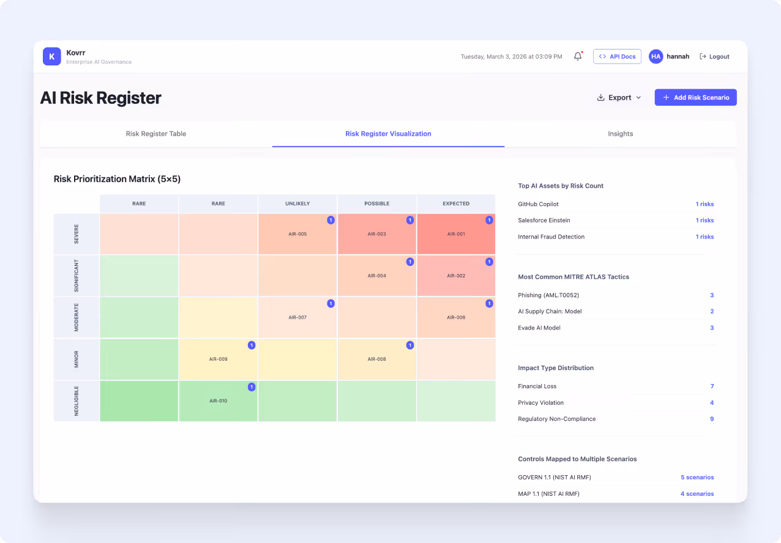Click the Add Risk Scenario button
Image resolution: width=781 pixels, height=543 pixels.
(695, 98)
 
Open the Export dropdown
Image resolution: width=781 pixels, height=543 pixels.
(619, 98)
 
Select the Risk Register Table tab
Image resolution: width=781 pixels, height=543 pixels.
(156, 134)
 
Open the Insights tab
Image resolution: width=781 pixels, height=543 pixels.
(620, 134)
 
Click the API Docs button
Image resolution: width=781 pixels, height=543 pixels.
(617, 56)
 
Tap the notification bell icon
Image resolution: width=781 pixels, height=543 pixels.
(578, 56)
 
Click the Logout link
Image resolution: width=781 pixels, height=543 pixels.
(714, 56)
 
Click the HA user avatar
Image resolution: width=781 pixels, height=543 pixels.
(656, 56)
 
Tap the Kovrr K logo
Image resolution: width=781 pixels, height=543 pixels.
(52, 56)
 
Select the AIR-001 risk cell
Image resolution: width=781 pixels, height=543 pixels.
(456, 234)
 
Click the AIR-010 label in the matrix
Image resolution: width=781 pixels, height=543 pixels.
(219, 401)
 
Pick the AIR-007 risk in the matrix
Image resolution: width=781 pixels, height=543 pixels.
(297, 318)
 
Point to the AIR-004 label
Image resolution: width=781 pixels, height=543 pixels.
(376, 276)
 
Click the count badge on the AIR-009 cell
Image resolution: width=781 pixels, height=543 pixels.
(252, 345)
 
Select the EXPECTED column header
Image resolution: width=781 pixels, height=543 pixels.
(456, 204)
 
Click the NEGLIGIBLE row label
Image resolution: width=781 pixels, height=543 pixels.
(77, 401)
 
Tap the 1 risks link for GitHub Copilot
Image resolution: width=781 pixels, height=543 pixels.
(704, 204)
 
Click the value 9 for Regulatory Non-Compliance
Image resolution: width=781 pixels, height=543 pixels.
(712, 419)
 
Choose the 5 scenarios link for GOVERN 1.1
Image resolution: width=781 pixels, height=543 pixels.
(697, 478)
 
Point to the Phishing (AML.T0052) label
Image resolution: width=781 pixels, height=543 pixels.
(548, 295)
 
